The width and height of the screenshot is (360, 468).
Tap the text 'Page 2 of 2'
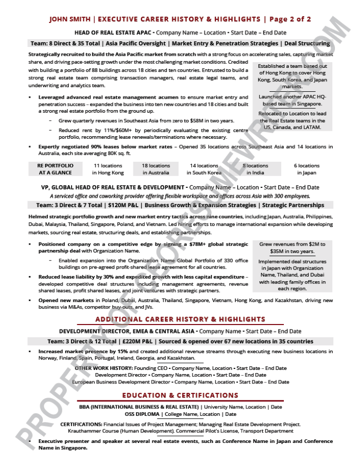coord(290,19)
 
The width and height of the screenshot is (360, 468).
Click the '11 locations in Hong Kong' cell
coord(108,169)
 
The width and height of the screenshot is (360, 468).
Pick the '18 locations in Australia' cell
coord(156,169)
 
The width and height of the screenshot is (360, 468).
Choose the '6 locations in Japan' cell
coord(307,169)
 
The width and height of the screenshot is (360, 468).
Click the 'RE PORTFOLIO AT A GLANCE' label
coord(55,169)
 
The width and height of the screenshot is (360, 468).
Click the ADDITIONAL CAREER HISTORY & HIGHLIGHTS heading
coord(180,319)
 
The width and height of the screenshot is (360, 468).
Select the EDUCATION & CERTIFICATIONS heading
coord(180,395)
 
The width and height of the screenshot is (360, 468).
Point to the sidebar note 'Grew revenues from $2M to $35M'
coord(292,247)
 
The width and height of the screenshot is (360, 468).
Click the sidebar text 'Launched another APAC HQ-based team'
coord(292,100)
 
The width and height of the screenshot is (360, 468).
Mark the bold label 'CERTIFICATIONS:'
coord(81,424)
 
